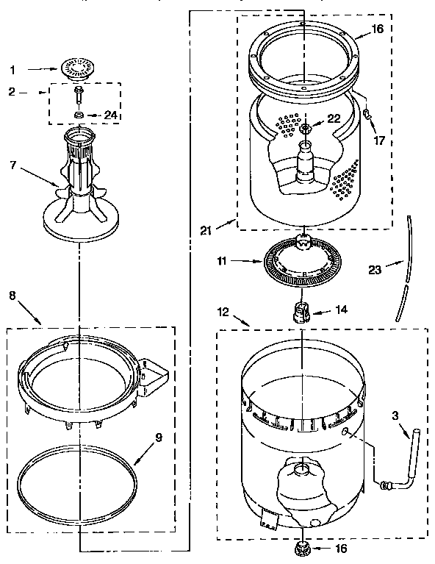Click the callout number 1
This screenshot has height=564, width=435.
[x=11, y=70]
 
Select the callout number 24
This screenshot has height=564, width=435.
[x=110, y=115]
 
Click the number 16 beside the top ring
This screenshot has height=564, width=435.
[x=377, y=29]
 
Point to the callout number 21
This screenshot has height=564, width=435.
[x=207, y=230]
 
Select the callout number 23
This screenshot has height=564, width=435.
[x=375, y=269]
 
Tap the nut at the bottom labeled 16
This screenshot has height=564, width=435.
[x=302, y=549]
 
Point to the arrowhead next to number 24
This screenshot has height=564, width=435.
[x=94, y=115]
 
